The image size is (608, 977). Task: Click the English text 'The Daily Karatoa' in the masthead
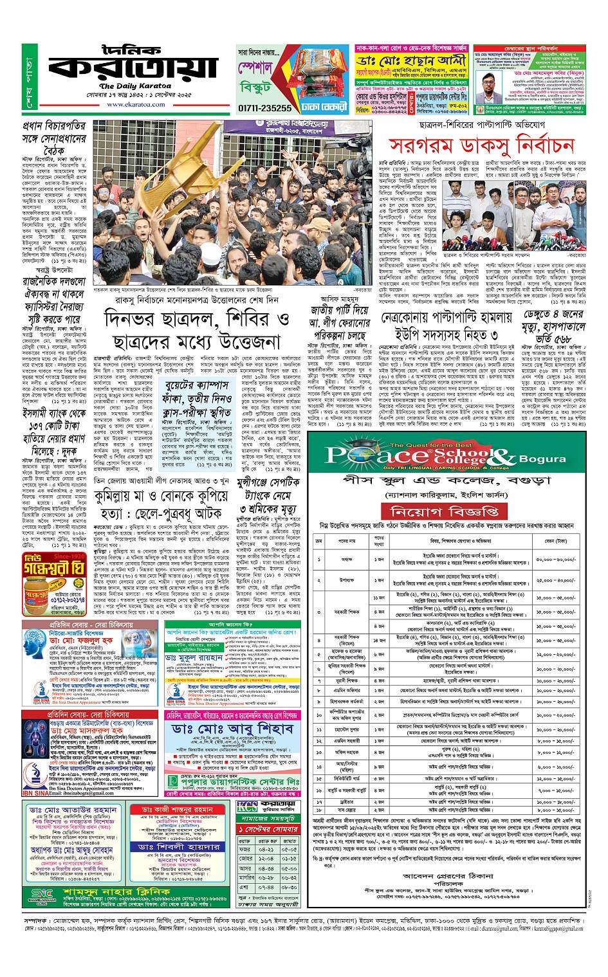[135, 86]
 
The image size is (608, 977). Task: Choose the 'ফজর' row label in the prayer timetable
[245, 849]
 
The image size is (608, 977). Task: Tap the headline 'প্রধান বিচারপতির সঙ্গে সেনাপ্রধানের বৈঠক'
[54, 138]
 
